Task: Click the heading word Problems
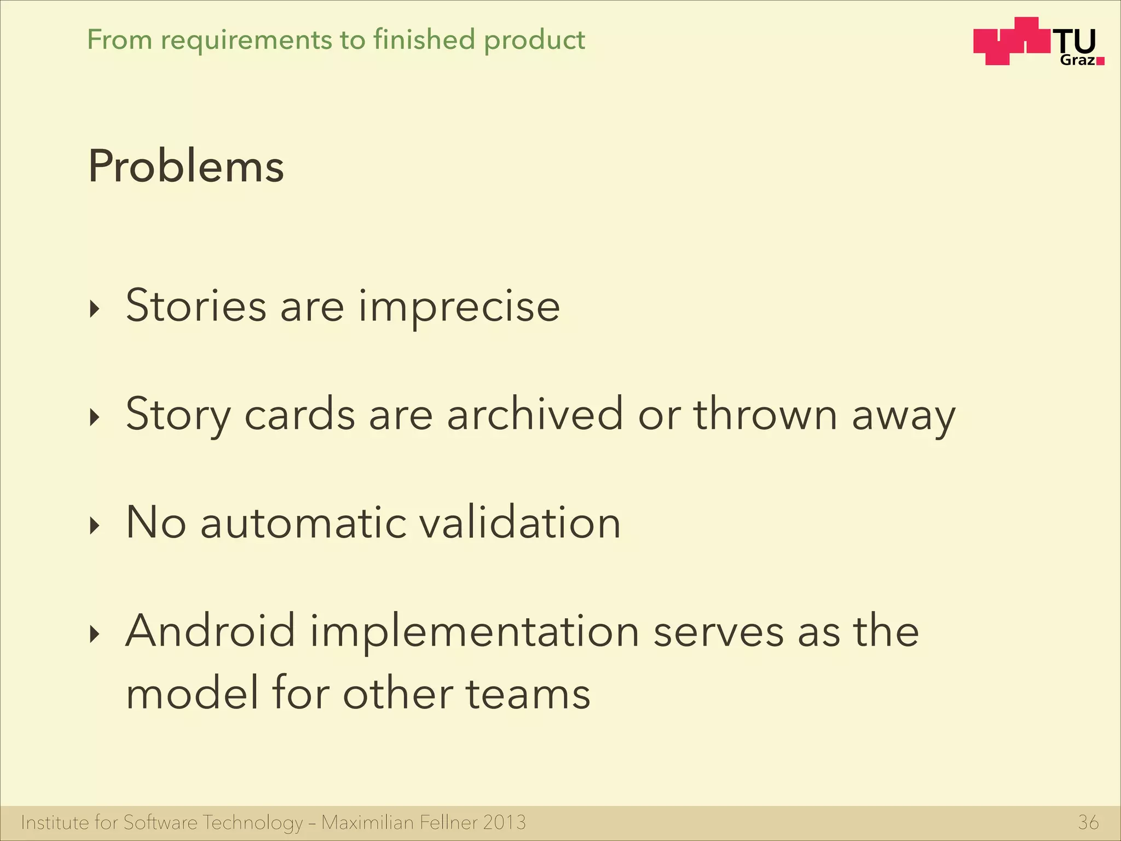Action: click(186, 166)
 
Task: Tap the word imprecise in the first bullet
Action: click(459, 307)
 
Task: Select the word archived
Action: click(535, 414)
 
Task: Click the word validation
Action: click(519, 522)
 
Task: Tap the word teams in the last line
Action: click(528, 694)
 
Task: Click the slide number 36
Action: click(1088, 822)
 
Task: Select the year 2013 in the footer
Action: click(504, 822)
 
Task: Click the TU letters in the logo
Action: click(1076, 42)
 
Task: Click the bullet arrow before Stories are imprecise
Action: click(95, 309)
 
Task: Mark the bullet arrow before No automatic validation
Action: click(95, 526)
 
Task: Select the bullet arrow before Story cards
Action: click(95, 418)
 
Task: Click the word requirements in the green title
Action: click(246, 41)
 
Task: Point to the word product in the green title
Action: click(534, 41)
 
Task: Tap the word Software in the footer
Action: click(160, 822)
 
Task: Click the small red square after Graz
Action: click(1101, 61)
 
